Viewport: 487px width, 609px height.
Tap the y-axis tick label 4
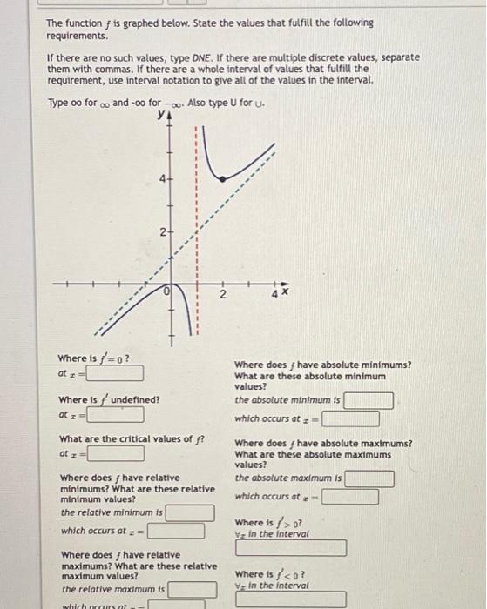click(x=161, y=181)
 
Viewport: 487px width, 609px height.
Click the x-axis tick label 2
click(x=222, y=296)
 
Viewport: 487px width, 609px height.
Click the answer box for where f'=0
click(x=114, y=373)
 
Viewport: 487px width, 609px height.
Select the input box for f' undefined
click(x=114, y=414)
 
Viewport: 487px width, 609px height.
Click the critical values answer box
click(x=114, y=453)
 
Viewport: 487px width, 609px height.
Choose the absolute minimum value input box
click(x=369, y=400)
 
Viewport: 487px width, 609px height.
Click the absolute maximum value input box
click(x=369, y=478)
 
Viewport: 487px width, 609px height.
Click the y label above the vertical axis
click(x=160, y=113)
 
